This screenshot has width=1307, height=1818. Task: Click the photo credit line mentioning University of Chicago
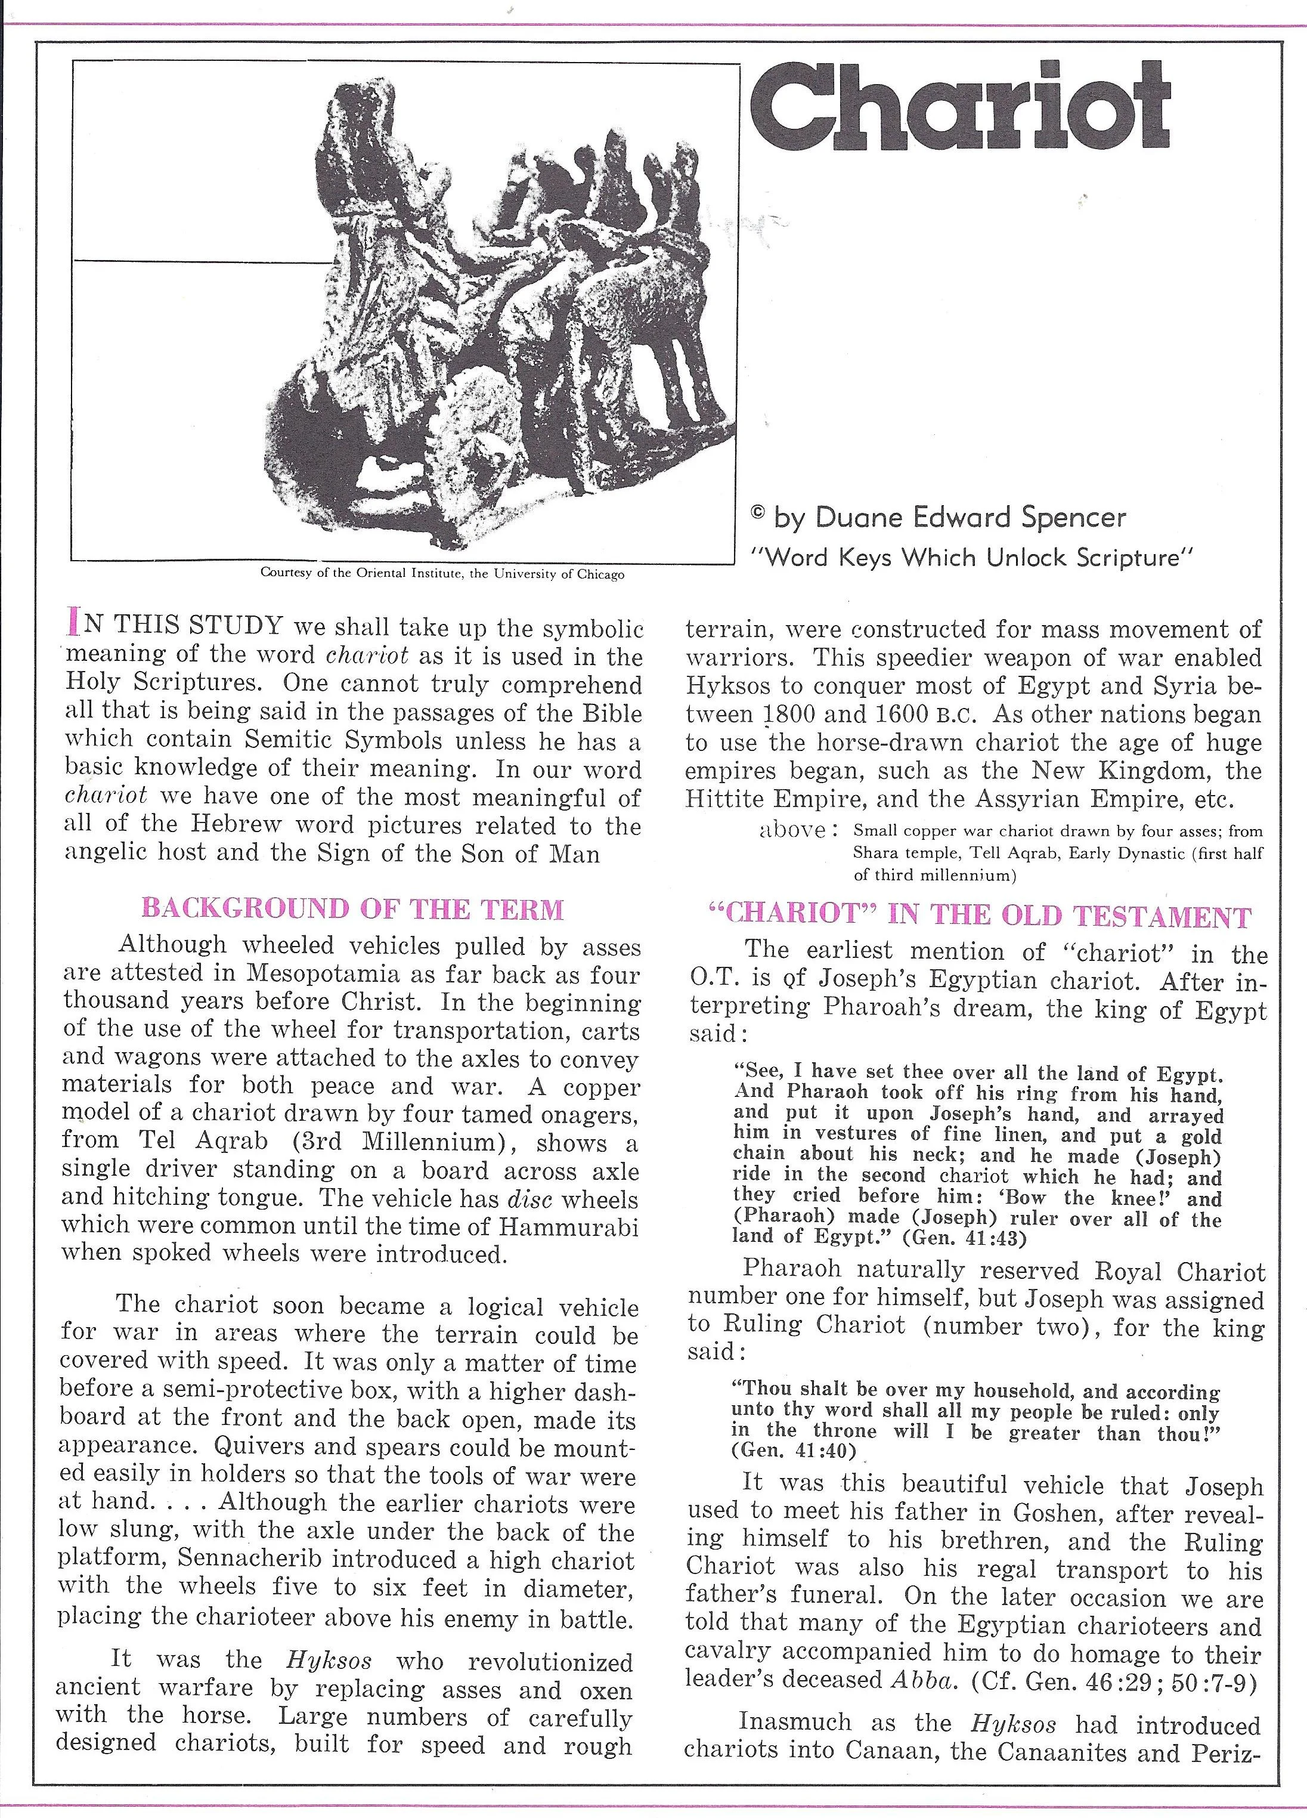tap(442, 574)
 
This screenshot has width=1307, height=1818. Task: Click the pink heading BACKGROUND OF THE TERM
tap(352, 908)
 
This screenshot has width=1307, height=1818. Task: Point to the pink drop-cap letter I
tap(75, 622)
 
